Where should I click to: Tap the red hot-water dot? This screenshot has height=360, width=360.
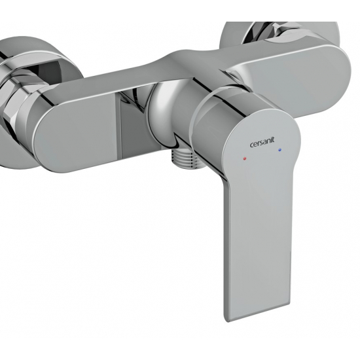[245, 158]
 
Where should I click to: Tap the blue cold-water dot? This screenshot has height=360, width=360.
[279, 150]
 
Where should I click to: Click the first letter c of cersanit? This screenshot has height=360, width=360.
[251, 145]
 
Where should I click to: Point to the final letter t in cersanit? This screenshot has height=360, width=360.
[273, 140]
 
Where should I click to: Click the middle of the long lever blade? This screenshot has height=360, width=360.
[257, 241]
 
